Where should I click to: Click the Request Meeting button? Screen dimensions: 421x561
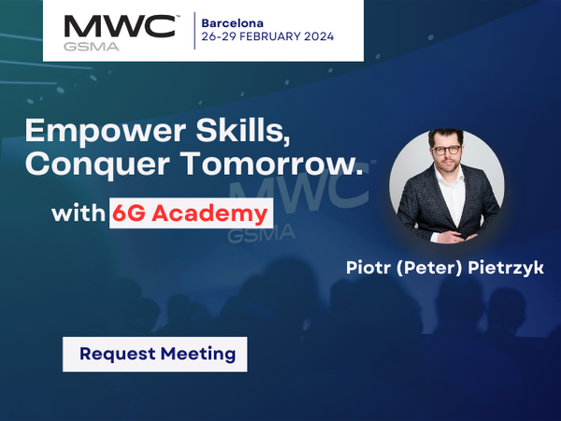click(x=156, y=355)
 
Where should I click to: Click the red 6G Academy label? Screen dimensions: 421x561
click(x=190, y=213)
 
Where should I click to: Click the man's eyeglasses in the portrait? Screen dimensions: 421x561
click(x=448, y=150)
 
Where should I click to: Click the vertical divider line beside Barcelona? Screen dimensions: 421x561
click(x=194, y=30)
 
